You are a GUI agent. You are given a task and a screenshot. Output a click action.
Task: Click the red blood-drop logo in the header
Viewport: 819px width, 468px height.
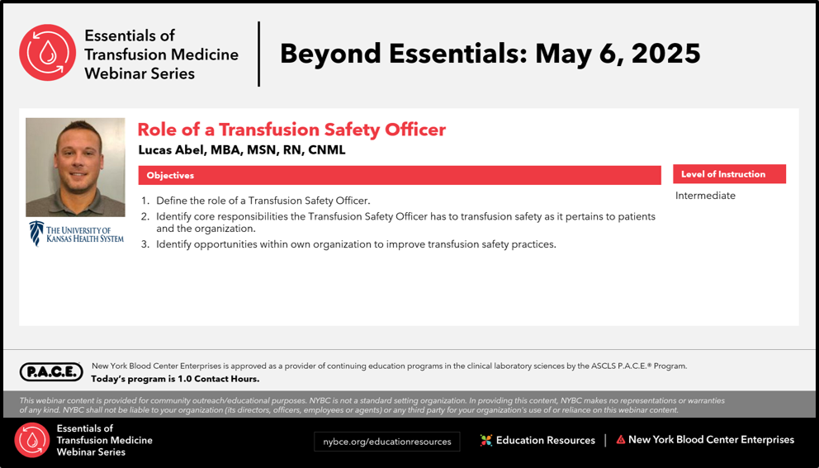(x=48, y=53)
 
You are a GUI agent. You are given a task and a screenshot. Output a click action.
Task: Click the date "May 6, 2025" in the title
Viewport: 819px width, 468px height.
(x=618, y=54)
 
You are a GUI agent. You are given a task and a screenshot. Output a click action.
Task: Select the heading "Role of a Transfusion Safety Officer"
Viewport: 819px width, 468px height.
(x=291, y=130)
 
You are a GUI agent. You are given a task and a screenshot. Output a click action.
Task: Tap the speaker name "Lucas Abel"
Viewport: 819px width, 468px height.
(x=172, y=150)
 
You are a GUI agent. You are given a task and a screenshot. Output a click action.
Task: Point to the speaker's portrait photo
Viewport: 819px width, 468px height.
(x=75, y=167)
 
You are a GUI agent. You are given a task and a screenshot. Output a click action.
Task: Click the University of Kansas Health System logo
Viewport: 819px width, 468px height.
(x=76, y=234)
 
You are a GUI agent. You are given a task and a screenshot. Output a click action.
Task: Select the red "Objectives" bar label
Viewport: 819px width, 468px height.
(x=170, y=176)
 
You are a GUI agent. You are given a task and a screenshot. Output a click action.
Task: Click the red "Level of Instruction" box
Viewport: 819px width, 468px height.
(x=729, y=174)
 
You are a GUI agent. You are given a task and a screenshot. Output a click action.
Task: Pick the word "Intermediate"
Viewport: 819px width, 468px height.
(x=705, y=196)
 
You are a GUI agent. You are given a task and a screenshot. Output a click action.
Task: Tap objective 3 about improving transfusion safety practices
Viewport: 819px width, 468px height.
(x=349, y=244)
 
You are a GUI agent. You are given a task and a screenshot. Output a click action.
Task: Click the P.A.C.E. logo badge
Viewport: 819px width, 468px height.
(x=51, y=372)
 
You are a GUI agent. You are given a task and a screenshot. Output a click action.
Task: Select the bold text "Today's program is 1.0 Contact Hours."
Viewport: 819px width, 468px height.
(x=175, y=379)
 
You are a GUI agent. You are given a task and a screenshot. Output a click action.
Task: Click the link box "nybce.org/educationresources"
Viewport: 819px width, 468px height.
(x=386, y=442)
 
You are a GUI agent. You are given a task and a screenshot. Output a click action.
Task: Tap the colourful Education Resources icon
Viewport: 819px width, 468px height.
(x=486, y=440)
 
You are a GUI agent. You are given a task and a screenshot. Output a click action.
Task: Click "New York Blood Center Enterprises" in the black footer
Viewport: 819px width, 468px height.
(x=711, y=440)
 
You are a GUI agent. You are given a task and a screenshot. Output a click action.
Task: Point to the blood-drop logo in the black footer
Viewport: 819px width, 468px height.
(x=32, y=440)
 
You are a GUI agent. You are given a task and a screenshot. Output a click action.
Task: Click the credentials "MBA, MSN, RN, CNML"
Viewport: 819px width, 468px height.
(x=278, y=150)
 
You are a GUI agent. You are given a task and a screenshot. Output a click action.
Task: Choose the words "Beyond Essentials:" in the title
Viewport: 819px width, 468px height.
(x=403, y=54)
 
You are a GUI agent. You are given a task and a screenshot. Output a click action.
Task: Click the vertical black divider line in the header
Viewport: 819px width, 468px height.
(x=258, y=54)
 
